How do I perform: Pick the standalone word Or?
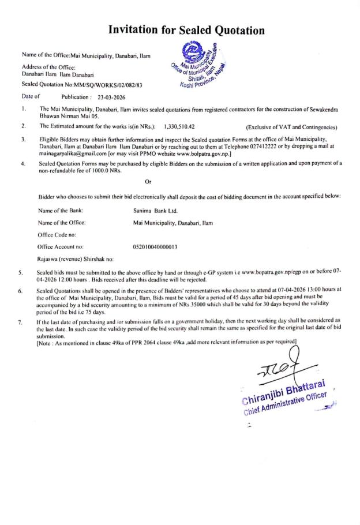tap(148, 182)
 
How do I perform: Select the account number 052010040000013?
tap(155, 247)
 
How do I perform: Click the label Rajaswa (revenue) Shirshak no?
tap(76, 259)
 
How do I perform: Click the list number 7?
tap(20, 322)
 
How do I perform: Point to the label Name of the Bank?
tap(61, 211)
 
